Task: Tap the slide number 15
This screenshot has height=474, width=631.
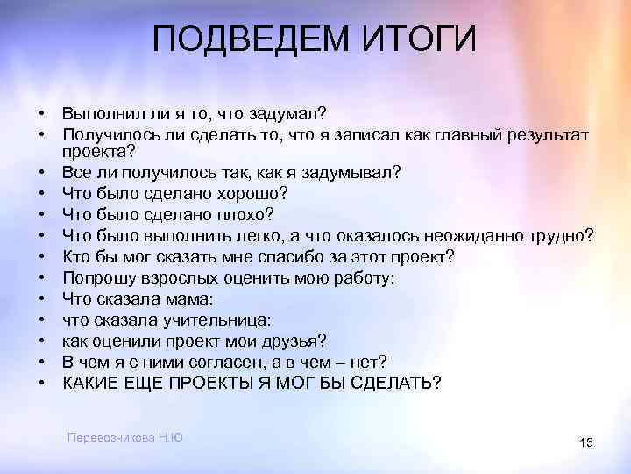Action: point(586,443)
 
